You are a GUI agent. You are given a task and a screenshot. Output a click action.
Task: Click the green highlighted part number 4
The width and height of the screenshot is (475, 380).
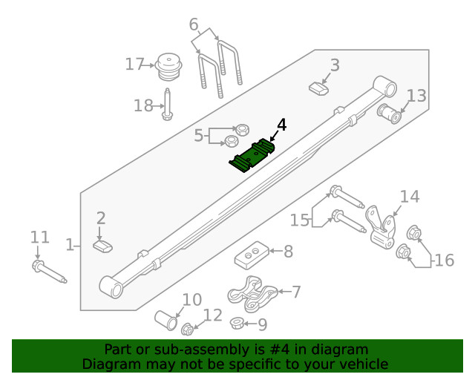tap(252, 155)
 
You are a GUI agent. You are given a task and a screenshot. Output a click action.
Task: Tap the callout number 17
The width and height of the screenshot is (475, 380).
tap(134, 65)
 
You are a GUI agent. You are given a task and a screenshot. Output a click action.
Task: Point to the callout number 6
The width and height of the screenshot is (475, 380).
tap(194, 24)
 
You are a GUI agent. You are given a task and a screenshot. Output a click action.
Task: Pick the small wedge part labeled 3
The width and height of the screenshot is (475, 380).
tap(318, 88)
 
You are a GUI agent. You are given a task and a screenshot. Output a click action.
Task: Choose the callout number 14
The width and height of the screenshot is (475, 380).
tap(410, 197)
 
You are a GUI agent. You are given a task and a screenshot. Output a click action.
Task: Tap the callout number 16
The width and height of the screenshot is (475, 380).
tap(444, 261)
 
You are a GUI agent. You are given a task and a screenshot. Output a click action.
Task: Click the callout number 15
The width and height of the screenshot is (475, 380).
tap(300, 220)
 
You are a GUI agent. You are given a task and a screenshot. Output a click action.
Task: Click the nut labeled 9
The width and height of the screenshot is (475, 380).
tap(237, 322)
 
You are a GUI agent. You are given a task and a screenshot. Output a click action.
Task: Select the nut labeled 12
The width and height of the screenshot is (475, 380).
tap(188, 328)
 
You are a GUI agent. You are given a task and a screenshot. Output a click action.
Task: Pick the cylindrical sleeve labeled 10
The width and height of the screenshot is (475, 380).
tap(166, 321)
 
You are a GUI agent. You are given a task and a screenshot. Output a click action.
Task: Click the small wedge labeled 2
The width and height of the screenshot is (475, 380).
tap(102, 245)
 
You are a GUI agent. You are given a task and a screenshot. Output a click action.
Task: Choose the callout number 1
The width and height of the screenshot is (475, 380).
tap(70, 244)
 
